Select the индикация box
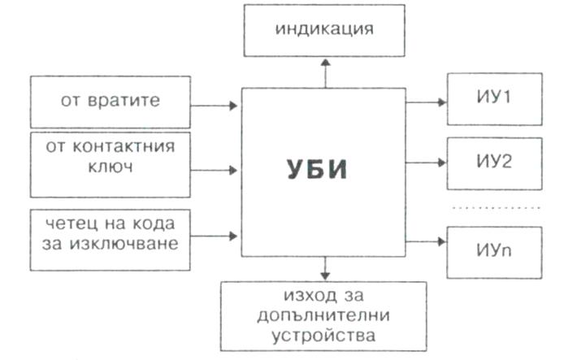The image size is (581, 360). pyautogui.click(x=323, y=31)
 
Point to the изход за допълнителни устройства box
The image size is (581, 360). pyautogui.click(x=323, y=313)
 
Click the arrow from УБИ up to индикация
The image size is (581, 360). pyautogui.click(x=324, y=72)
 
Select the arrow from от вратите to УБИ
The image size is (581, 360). pyautogui.click(x=215, y=105)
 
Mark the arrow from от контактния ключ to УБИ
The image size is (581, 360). pyautogui.click(x=215, y=170)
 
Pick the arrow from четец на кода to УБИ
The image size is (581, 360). pyautogui.click(x=215, y=236)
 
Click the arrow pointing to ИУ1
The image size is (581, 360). pyautogui.click(x=426, y=102)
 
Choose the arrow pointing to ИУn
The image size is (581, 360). pyautogui.click(x=426, y=241)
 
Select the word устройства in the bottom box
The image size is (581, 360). pyautogui.click(x=323, y=333)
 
